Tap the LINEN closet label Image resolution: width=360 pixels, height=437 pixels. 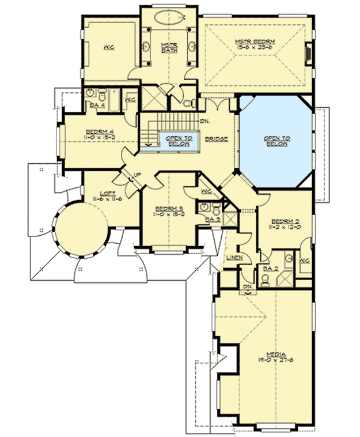pyautogui.click(x=233, y=257)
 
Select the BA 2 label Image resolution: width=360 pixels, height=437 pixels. pyautogui.click(x=268, y=268)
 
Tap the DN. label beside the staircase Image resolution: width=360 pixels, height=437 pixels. pyautogui.click(x=205, y=122)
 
